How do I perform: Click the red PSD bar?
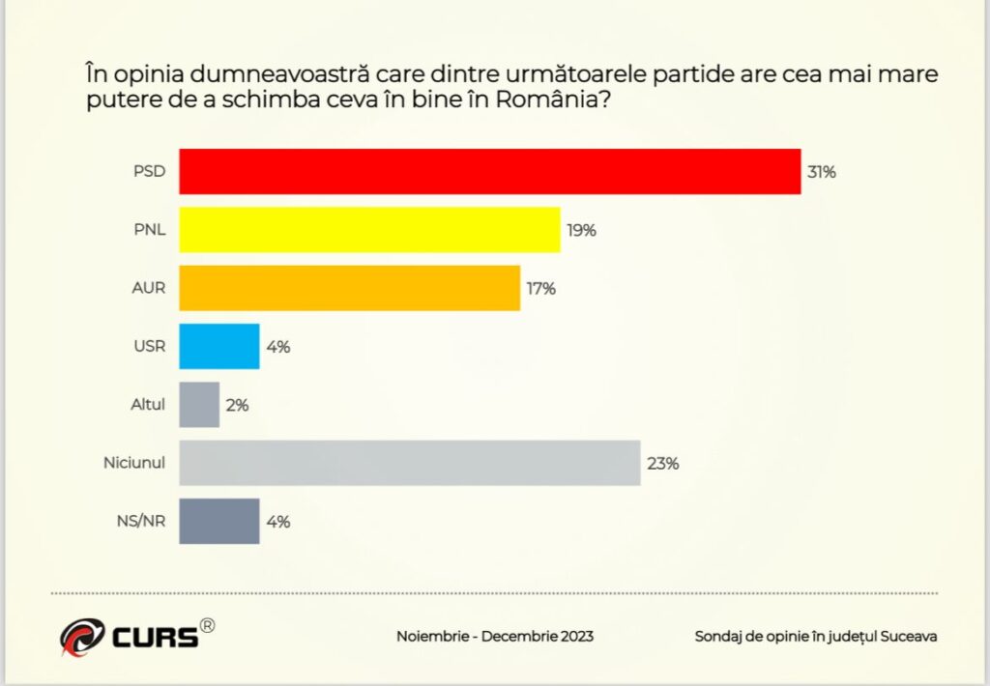pos(490,172)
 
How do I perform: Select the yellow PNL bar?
pos(369,230)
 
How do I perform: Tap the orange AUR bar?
pos(349,288)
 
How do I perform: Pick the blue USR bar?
pos(219,346)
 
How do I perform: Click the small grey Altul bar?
pos(199,405)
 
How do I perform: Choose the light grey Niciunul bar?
pos(410,463)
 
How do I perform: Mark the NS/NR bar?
pos(219,521)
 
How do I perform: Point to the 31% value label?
pos(821,173)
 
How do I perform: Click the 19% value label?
pos(581,231)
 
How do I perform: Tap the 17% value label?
pos(540,289)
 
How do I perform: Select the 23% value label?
pos(663,464)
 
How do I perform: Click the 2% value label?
pos(237,406)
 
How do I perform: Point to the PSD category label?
pos(150,173)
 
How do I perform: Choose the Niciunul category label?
pos(134,464)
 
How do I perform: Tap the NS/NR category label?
pos(140,522)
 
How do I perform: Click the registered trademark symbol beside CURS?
pos(207,626)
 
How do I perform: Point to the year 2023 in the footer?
pos(575,637)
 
